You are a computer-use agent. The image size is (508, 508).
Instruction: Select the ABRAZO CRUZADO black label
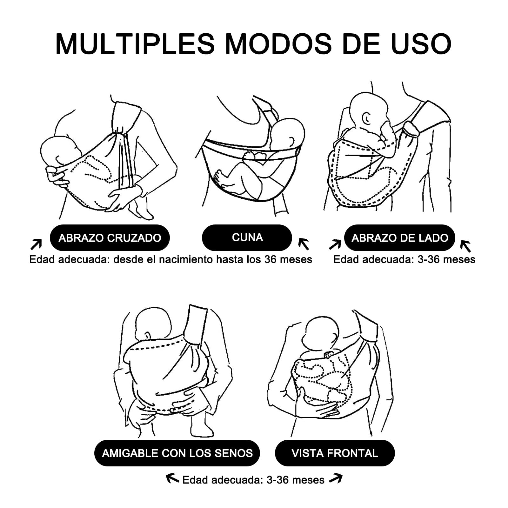pos(110,238)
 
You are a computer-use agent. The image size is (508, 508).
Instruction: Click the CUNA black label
pos(247,237)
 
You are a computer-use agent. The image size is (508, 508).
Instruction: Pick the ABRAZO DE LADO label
pos(400,238)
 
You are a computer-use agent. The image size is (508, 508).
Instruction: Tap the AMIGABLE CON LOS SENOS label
pos(177,453)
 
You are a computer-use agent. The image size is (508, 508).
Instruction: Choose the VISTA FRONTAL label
pos(335,453)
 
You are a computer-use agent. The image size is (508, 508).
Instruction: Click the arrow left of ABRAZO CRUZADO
pos(36,244)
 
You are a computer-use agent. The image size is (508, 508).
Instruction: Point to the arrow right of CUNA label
pos(304,244)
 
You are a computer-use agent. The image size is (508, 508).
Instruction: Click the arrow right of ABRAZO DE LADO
pos(466,246)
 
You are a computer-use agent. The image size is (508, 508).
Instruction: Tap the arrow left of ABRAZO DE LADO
pos(335,244)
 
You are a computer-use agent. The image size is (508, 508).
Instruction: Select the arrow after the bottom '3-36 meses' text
pos(336,478)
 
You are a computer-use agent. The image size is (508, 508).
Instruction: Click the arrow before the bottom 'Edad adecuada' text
pos(173,478)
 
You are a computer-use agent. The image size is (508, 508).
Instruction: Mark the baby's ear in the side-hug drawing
pos(367,119)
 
